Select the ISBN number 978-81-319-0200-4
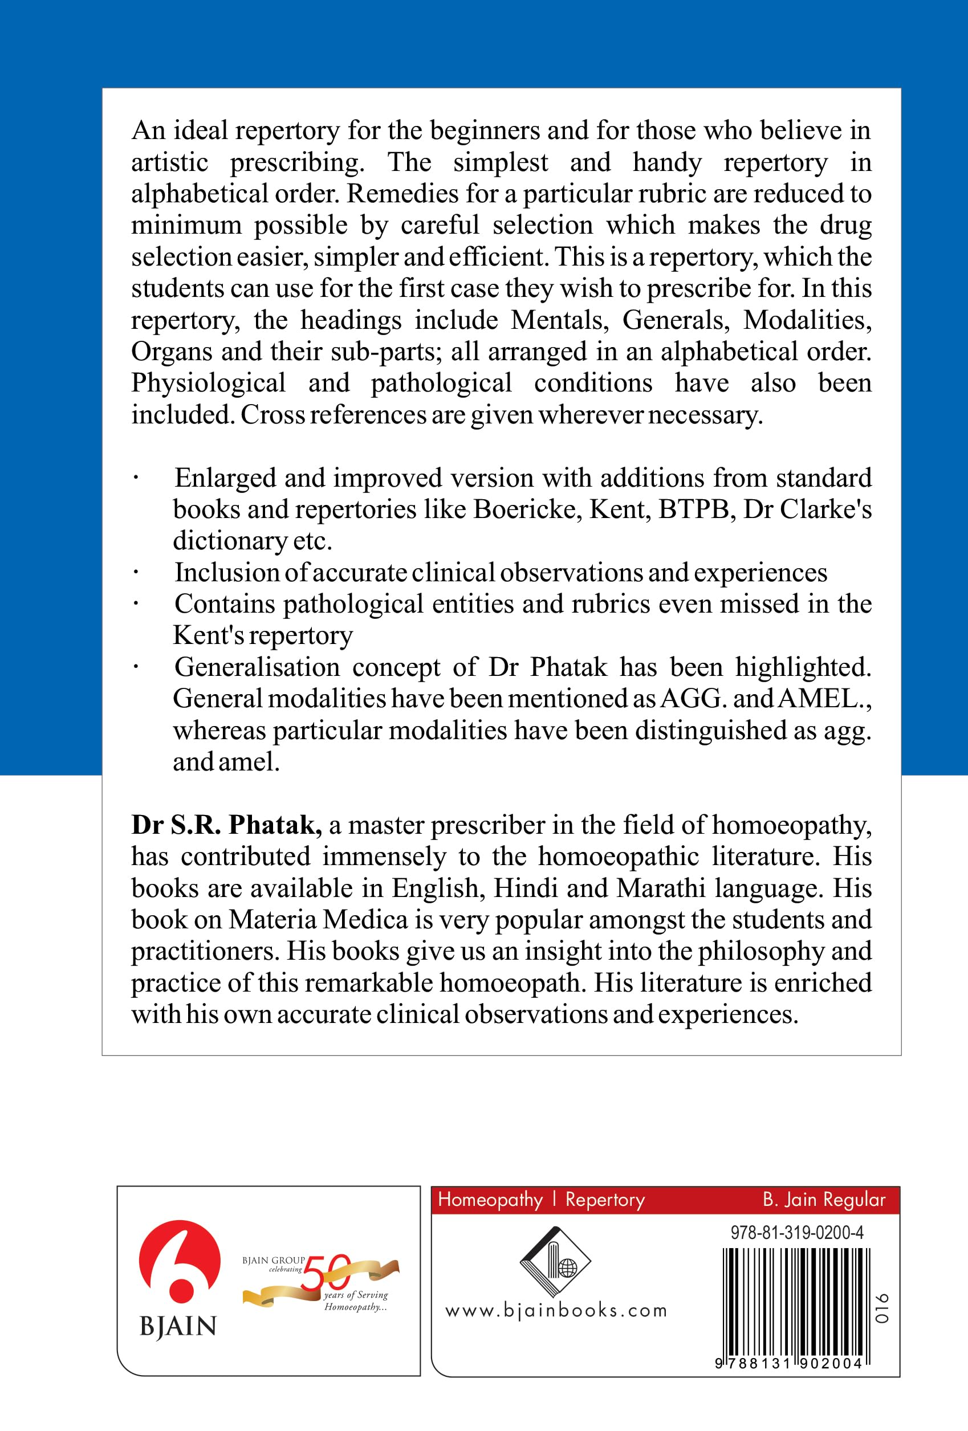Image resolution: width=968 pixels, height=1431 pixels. (797, 1232)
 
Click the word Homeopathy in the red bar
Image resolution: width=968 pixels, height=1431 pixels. (490, 1200)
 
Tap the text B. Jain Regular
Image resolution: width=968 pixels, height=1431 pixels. (824, 1200)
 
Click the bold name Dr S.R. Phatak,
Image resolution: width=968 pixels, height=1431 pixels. (226, 825)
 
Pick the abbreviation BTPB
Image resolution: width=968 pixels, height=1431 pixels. (697, 509)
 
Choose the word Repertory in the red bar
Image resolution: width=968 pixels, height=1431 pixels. (605, 1200)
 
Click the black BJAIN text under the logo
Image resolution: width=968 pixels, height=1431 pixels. (178, 1326)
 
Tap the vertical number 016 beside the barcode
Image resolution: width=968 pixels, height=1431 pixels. (883, 1308)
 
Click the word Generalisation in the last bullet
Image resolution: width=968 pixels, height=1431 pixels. (257, 667)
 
